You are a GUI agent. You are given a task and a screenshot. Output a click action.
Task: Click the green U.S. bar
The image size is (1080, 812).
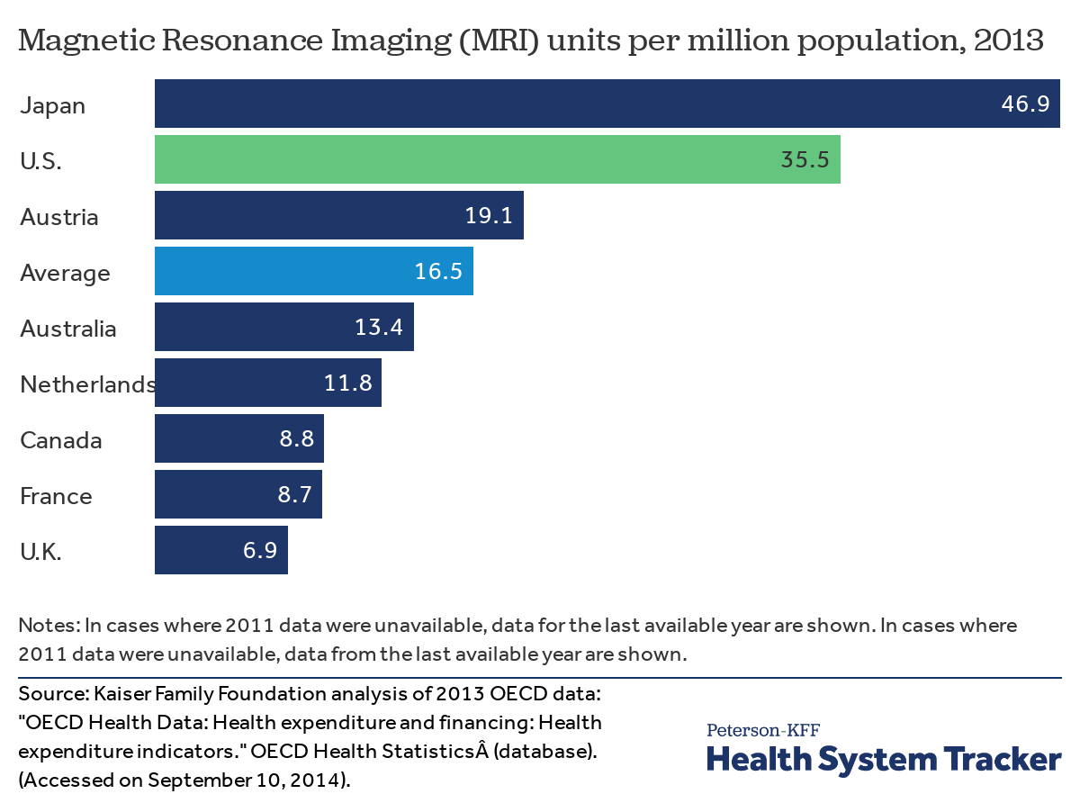[497, 160]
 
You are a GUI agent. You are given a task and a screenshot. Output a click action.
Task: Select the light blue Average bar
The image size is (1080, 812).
[313, 272]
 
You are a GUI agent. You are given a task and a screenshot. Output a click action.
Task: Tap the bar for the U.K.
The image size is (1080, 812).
[220, 551]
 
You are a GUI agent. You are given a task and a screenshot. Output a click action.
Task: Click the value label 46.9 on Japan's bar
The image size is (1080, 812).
[1025, 104]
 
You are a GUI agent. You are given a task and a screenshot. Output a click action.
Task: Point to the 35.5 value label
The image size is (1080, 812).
[805, 160]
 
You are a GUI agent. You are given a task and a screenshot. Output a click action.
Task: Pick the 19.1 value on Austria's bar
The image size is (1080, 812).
[489, 216]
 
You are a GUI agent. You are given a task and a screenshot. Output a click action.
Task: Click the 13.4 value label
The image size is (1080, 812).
[379, 328]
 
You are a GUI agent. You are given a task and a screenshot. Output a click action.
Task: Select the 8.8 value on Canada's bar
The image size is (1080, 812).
[298, 439]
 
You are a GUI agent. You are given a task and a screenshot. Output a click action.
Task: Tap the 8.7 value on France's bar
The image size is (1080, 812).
[296, 495]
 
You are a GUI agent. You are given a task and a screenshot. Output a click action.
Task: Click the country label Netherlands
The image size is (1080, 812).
[87, 384]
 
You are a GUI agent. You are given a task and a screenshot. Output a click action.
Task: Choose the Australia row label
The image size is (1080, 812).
[67, 329]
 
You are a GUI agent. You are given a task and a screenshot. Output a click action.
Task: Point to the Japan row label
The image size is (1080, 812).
[52, 105]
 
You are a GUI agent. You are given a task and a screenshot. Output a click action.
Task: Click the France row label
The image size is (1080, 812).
[56, 496]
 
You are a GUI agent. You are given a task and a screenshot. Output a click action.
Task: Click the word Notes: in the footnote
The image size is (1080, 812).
[49, 625]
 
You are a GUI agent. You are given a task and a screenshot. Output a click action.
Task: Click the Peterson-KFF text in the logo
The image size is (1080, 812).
[763, 729]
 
